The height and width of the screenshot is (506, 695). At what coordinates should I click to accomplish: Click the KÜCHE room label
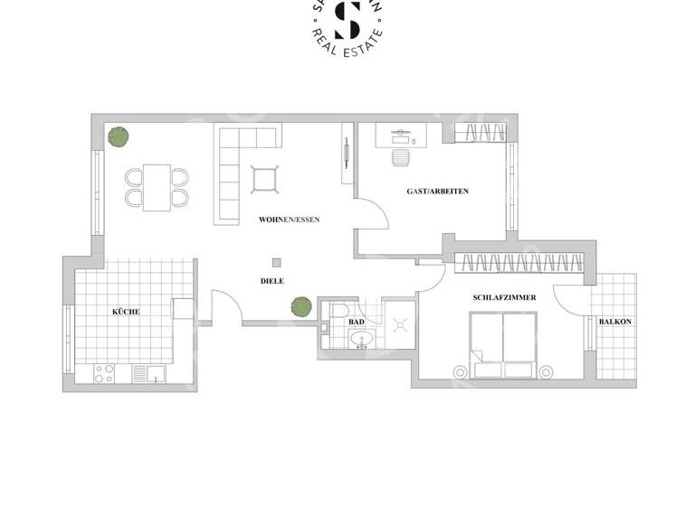coord(126,311)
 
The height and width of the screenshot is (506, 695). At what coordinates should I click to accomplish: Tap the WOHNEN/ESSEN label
coord(289,220)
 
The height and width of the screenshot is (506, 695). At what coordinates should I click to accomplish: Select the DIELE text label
coord(272,281)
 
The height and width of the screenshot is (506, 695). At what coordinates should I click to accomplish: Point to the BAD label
coord(357,321)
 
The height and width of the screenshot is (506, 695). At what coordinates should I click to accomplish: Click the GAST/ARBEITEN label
coord(437,192)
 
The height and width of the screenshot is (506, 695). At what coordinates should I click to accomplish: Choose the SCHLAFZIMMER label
coord(504,297)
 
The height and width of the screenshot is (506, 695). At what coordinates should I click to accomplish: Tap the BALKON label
coord(614,322)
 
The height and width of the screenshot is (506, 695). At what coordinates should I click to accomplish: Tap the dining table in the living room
coord(157,186)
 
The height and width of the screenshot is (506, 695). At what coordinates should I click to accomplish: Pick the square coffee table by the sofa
coord(264,179)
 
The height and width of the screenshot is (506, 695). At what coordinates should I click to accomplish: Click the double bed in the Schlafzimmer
coord(502,345)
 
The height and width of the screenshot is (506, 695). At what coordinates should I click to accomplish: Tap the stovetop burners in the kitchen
coord(104,372)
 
